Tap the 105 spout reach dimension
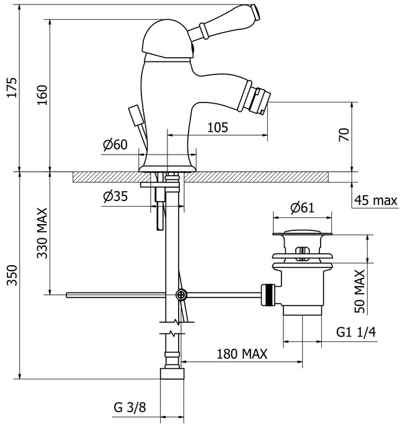click(218, 127)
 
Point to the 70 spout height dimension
click(345, 135)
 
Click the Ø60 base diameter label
click(115, 145)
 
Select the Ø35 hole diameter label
click(115, 197)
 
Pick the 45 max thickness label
click(376, 200)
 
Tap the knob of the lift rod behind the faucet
click(133, 115)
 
